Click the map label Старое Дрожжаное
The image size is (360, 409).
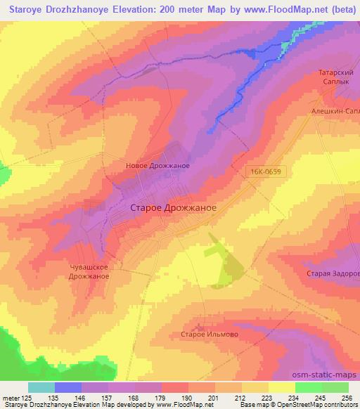click(x=173, y=208)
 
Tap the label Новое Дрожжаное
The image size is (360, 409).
click(x=157, y=166)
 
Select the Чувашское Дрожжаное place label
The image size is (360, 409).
click(x=89, y=271)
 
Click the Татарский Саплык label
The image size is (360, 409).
click(x=337, y=77)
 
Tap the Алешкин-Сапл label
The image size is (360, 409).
click(x=336, y=111)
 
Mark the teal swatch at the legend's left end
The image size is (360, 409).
click(x=41, y=387)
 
